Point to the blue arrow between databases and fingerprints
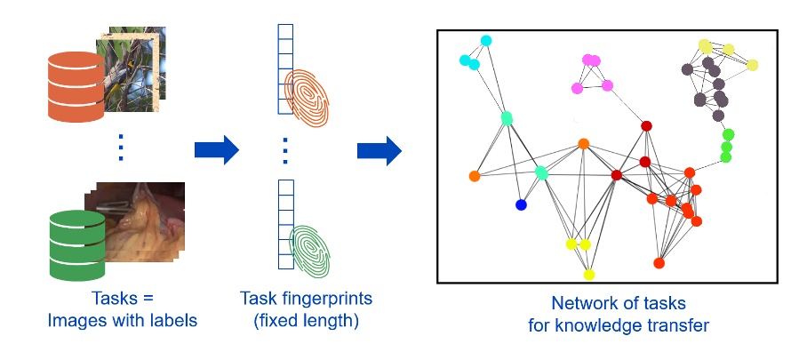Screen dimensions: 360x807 (217, 150)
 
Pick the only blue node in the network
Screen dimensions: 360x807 (521, 205)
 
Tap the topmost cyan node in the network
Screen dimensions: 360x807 (486, 41)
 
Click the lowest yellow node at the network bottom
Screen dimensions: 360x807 (588, 274)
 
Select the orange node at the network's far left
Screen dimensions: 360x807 (475, 176)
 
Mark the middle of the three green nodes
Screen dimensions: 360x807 (726, 147)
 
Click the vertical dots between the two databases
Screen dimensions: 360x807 (120, 147)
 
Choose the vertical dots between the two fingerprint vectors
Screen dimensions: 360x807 (284, 150)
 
